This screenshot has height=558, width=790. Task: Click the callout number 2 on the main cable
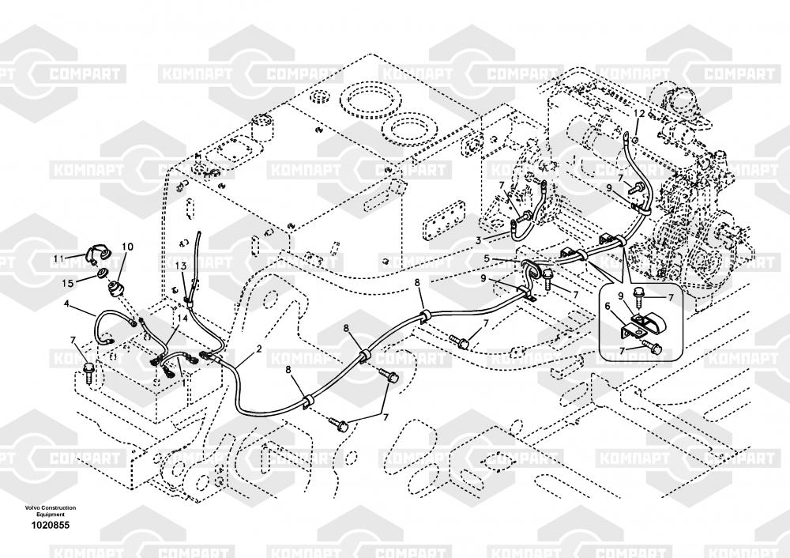259,349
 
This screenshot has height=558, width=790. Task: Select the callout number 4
68,304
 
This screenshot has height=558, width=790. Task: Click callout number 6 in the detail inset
608,307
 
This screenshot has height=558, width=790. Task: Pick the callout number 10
127,247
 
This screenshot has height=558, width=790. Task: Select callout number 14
183,316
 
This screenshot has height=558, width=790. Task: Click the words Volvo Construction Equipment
50,511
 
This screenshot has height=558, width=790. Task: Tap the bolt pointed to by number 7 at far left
88,370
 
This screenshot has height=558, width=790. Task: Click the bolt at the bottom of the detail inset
653,347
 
